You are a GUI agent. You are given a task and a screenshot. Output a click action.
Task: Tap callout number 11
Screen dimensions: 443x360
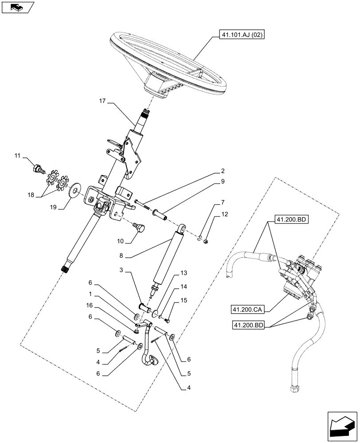point(17,155)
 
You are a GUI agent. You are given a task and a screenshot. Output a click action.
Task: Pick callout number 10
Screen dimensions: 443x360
point(120,241)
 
